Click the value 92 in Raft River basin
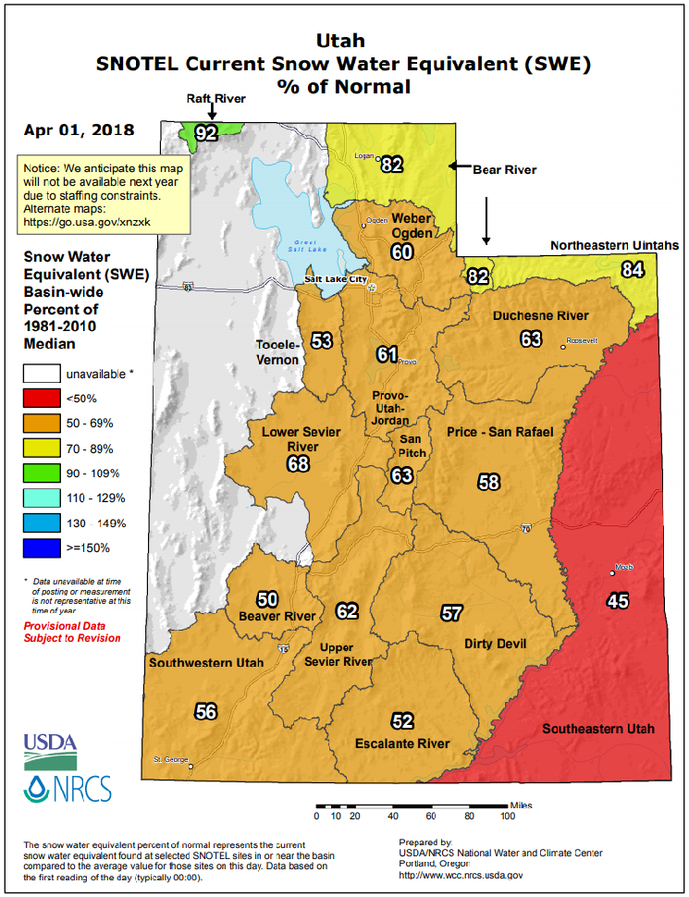click(205, 133)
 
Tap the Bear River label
click(504, 170)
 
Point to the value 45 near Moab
click(617, 601)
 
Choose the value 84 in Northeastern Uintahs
click(633, 270)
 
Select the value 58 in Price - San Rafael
click(488, 481)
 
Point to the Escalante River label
click(402, 743)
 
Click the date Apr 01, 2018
click(79, 130)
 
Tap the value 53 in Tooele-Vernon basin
click(321, 341)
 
